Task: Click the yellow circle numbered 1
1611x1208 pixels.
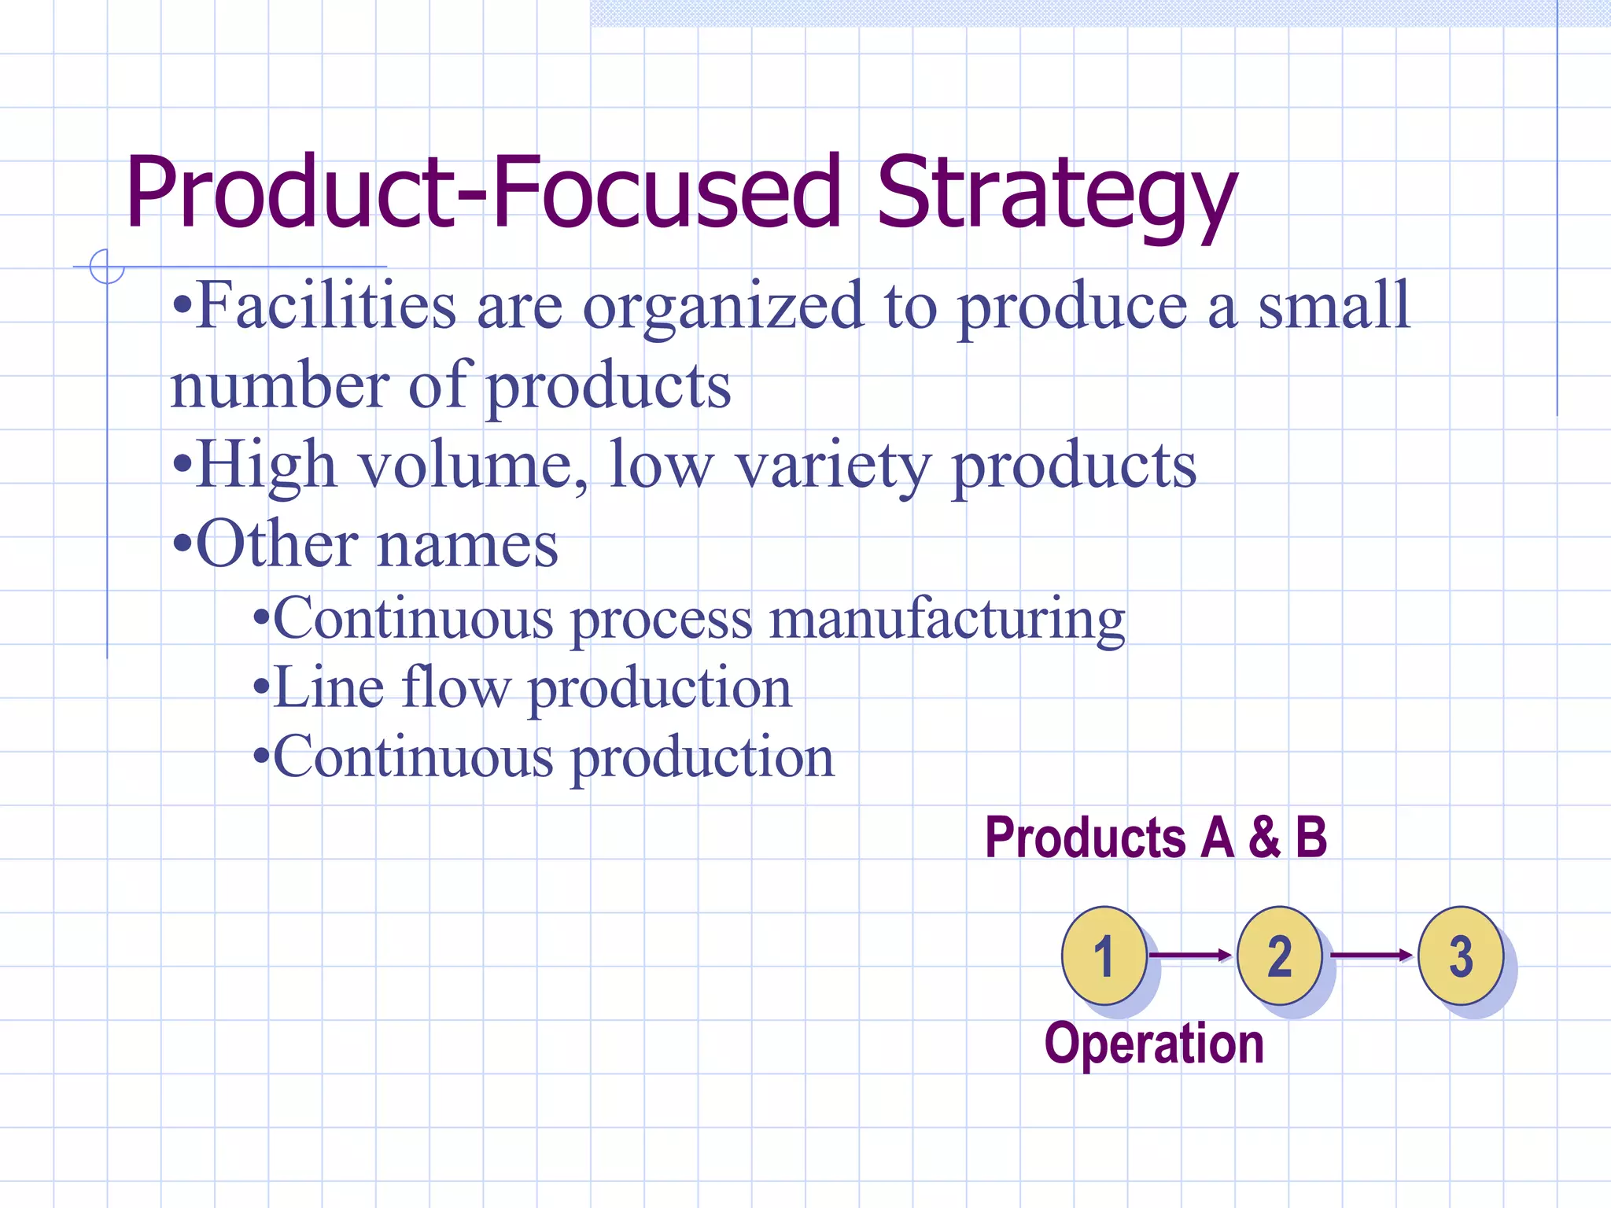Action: (x=1104, y=956)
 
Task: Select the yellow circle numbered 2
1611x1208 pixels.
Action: (x=1280, y=956)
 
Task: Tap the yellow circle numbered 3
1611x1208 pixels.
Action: (x=1461, y=956)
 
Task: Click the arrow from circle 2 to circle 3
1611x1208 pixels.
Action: (x=1371, y=956)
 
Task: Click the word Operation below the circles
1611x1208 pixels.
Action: (x=1154, y=1044)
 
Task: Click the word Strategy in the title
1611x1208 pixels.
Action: (x=1056, y=193)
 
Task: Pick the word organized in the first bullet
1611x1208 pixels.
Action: (x=723, y=308)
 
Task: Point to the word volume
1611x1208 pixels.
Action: (x=473, y=466)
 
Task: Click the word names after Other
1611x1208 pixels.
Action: (x=468, y=544)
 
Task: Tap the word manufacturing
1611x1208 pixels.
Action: (x=947, y=620)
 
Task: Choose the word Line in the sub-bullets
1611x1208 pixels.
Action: (x=329, y=687)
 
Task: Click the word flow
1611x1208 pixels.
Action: (x=455, y=687)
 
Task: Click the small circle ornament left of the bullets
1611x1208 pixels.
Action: (x=107, y=267)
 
